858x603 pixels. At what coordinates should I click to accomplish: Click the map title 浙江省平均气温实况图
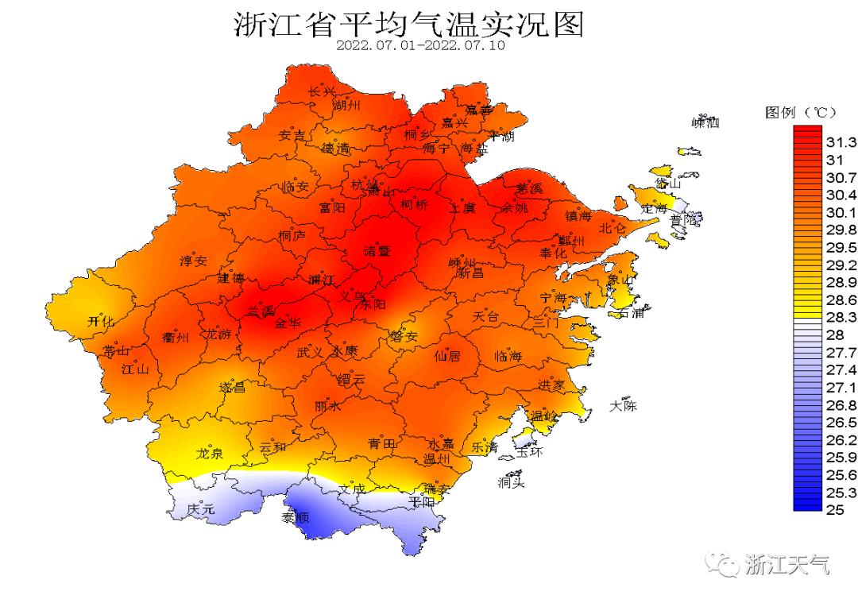pos(408,25)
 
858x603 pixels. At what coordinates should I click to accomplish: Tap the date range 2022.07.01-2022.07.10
pos(420,45)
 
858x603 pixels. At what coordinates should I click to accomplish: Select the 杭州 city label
pos(366,185)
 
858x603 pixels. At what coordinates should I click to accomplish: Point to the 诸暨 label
pos(377,250)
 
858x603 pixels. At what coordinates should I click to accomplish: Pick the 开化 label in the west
pos(101,321)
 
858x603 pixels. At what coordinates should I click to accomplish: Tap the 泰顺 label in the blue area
pos(296,518)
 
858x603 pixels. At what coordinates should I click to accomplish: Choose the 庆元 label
pos(200,508)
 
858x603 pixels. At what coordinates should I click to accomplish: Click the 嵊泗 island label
pos(705,122)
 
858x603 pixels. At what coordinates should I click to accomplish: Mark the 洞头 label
pos(511,482)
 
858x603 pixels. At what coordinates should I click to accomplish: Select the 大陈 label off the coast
pos(623,406)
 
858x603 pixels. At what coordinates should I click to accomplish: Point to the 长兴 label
pos(322,92)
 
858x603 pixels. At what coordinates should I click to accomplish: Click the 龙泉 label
pos(210,454)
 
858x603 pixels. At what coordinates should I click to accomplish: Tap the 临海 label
pos(508,357)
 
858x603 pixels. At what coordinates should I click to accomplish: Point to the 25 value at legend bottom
pos(834,510)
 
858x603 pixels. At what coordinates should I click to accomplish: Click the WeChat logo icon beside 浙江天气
pos(723,564)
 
